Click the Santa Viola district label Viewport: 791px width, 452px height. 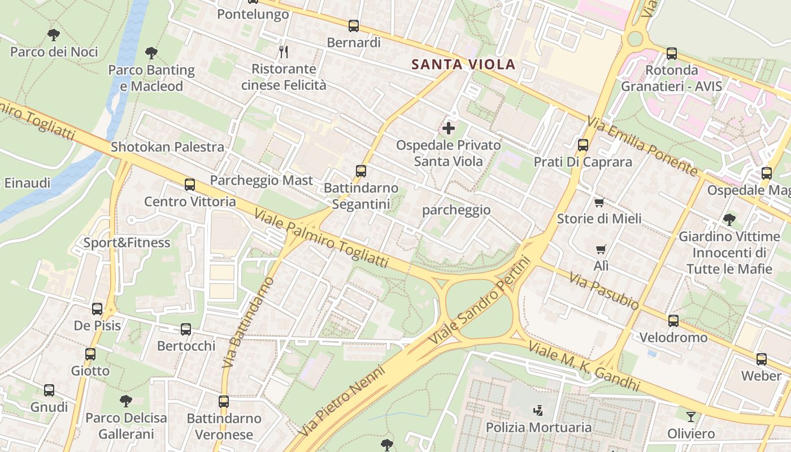coord(463,64)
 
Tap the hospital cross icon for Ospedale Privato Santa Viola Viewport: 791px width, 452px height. coord(449,128)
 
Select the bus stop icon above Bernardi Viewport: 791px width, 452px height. coord(354,25)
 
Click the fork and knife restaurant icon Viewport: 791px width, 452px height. coord(284,52)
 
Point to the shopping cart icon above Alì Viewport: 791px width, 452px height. coord(601,249)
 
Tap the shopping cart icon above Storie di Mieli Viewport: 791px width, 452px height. coord(599,202)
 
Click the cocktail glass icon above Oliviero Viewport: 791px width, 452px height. coord(691,417)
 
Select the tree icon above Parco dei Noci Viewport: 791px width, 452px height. coord(54,35)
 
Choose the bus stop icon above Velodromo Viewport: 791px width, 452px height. coord(673,321)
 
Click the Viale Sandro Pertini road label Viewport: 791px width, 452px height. coord(481,300)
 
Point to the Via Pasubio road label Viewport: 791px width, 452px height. coord(604,291)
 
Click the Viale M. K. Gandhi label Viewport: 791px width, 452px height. coord(584,366)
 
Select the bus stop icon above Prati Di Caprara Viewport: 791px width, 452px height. coord(583,145)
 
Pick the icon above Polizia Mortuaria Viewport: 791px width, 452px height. coord(538,410)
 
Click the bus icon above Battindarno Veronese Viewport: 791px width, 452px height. coord(224,402)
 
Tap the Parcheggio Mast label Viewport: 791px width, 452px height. coord(261,180)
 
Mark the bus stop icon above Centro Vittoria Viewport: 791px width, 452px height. coord(190,185)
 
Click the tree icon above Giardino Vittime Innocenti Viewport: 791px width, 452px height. coord(729,219)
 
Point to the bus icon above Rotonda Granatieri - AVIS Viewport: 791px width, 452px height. coord(672,54)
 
